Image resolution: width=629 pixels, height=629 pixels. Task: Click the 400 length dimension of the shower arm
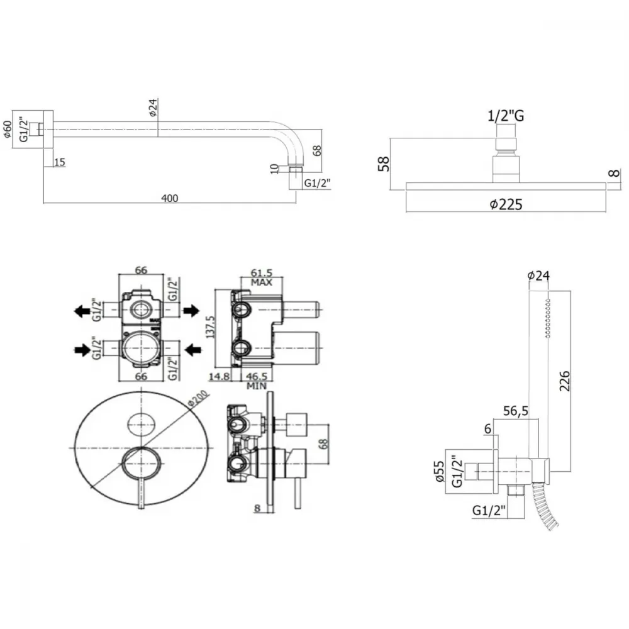(170, 198)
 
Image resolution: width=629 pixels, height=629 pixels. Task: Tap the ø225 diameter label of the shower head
(506, 204)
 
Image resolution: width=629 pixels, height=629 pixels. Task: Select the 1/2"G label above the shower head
(506, 116)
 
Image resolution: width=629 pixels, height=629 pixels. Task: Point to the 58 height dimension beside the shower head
(384, 164)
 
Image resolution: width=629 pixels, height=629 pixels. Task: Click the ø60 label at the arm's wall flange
(8, 129)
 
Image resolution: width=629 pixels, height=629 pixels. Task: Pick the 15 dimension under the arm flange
(59, 162)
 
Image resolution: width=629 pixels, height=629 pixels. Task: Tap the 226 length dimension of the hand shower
(564, 381)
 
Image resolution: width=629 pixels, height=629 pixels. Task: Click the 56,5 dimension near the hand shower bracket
(516, 411)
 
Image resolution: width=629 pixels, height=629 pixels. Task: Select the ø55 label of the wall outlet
(439, 471)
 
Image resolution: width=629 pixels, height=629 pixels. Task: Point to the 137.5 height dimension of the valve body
(210, 327)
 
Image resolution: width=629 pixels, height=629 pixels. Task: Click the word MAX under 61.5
(262, 282)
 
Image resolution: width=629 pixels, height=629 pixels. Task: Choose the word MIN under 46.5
(257, 386)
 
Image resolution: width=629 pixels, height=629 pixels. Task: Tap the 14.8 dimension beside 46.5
(219, 376)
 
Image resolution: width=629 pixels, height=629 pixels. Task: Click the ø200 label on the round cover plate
(198, 398)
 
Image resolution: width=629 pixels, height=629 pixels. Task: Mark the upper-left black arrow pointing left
(82, 311)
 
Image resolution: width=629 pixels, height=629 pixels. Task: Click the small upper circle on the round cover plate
(141, 423)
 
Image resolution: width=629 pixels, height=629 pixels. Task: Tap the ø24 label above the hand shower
(538, 276)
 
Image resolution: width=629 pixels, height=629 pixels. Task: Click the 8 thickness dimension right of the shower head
(614, 174)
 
